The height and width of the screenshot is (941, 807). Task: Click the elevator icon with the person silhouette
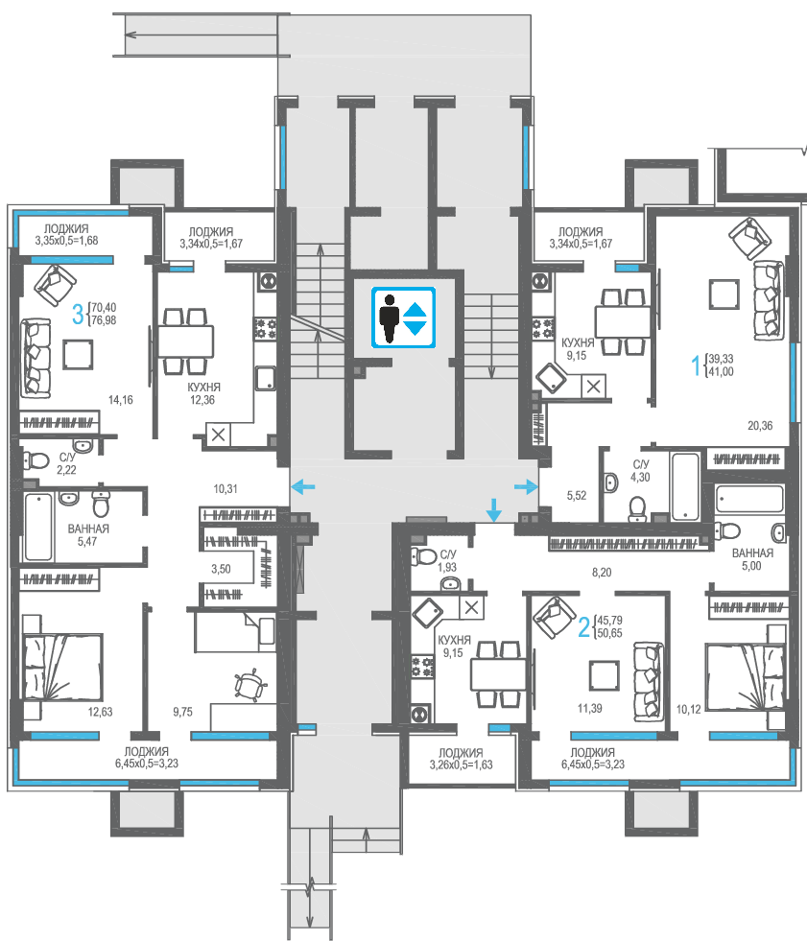403,318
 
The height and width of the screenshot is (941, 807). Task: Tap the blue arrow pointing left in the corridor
302,486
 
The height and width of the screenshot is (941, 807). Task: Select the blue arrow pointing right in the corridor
526,486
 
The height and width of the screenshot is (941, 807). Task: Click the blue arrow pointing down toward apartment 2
494,509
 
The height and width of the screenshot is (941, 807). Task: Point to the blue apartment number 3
78,315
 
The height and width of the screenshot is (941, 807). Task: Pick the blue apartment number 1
696,365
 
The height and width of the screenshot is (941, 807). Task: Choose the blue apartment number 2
583,627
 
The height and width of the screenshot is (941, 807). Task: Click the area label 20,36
760,426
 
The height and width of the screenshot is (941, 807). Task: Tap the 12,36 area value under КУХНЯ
202,400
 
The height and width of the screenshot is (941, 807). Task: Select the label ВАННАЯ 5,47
87,534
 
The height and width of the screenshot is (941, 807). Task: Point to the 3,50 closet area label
221,569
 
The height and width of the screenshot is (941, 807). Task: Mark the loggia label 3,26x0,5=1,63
461,765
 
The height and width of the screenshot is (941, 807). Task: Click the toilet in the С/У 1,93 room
423,555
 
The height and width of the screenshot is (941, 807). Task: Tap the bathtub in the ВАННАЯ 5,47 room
38,527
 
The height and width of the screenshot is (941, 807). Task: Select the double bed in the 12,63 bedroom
62,667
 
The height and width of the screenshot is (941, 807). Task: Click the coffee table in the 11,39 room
604,675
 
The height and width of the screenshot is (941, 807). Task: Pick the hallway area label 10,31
225,489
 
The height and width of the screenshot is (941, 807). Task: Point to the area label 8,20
602,573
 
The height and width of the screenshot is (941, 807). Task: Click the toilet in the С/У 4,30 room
637,508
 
